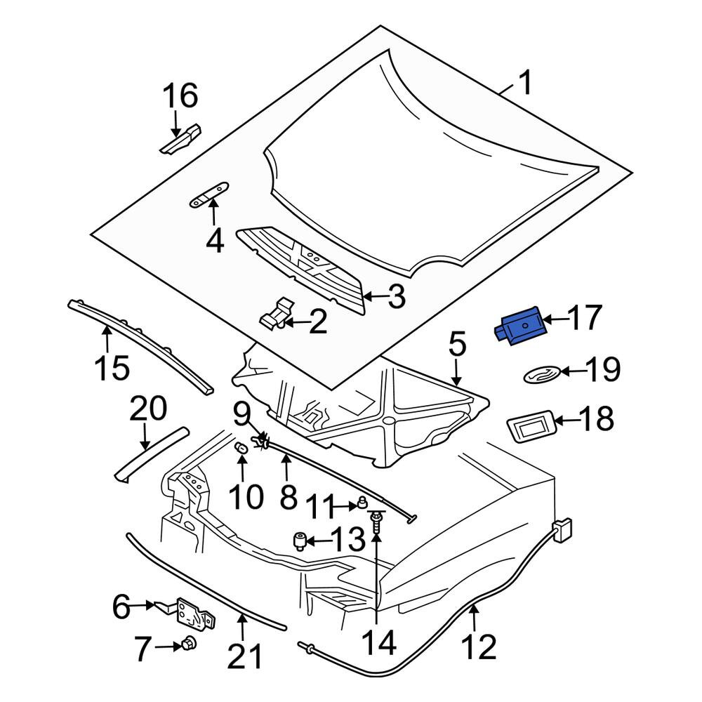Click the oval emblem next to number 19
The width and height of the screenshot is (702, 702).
pos(543,375)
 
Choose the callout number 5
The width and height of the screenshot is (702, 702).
pos(457,346)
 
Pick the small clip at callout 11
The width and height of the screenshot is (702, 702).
pos(359,505)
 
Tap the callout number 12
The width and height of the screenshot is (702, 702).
pos(479,647)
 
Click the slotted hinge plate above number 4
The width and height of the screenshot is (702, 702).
pos(209,194)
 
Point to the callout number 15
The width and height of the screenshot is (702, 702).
pos(112,368)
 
